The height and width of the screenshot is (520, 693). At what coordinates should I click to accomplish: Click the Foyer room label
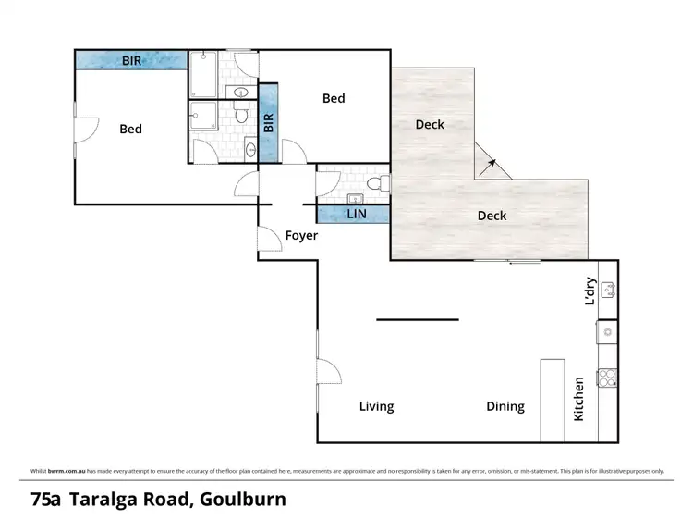pos(301,236)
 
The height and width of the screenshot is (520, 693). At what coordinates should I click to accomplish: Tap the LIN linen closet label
pos(357,215)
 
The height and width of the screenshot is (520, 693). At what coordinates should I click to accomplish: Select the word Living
pos(376,406)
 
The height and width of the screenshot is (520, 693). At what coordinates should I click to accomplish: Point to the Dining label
pos(505,406)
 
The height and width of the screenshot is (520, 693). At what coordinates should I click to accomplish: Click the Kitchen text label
pos(579,399)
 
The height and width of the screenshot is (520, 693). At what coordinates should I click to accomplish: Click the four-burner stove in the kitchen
pos(607,378)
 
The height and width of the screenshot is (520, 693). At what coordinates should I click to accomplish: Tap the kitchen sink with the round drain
pos(607,329)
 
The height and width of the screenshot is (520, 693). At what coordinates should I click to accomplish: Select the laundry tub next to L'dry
pos(607,289)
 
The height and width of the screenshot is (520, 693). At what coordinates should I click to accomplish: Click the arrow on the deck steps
pos(491,165)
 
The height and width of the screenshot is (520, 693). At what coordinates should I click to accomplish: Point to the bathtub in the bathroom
pos(203,75)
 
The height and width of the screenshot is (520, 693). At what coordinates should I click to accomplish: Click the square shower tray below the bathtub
pos(203,118)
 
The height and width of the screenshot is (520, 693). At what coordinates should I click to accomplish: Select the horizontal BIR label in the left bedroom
pos(132,60)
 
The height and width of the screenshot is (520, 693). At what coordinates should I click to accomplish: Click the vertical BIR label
pos(268,123)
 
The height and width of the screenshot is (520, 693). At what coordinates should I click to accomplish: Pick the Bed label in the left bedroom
pos(130,129)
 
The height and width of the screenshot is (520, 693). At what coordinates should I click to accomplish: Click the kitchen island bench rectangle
pos(553,400)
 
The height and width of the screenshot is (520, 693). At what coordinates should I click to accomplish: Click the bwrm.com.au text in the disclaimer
pos(60,471)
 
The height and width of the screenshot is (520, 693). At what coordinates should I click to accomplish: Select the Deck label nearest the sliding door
pos(492,216)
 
